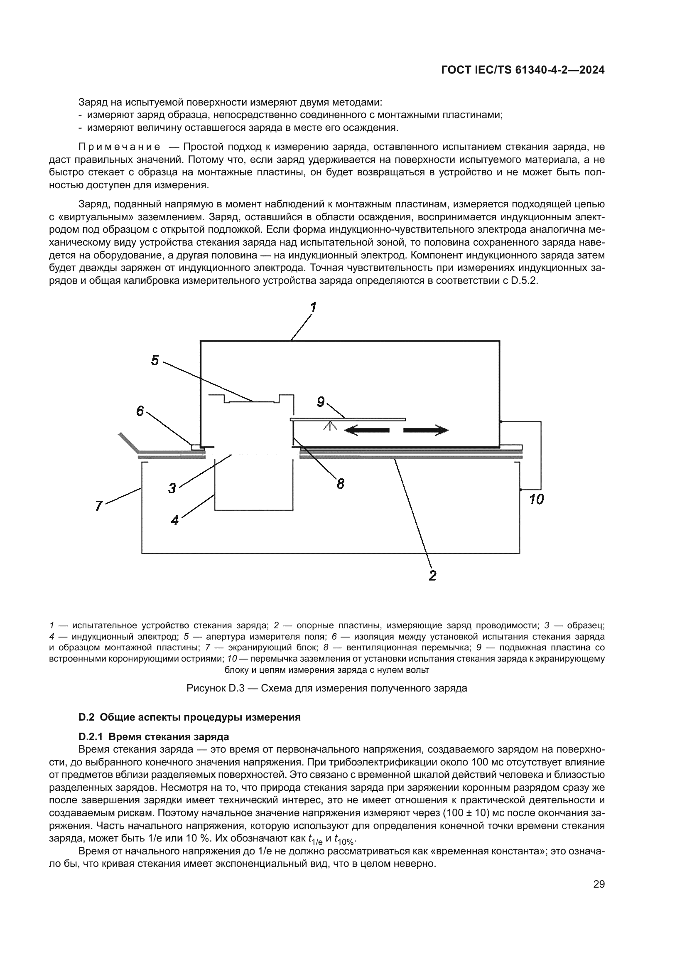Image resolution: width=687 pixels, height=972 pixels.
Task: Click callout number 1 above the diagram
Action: (x=314, y=307)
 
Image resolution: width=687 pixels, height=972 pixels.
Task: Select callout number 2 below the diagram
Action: (x=432, y=575)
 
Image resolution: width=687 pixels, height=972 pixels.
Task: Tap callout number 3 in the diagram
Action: (x=172, y=488)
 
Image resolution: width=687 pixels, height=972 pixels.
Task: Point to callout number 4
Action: (x=175, y=520)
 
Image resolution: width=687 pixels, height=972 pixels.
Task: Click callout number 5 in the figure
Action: (x=155, y=360)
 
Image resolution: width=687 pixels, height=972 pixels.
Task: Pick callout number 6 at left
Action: (x=140, y=411)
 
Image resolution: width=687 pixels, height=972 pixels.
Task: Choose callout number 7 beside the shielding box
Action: (x=99, y=505)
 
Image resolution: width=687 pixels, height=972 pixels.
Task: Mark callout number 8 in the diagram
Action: (x=341, y=483)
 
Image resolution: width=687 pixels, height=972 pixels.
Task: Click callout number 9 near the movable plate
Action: (x=321, y=402)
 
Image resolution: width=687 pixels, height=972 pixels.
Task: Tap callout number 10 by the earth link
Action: (x=536, y=500)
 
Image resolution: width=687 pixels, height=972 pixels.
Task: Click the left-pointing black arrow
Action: (x=366, y=431)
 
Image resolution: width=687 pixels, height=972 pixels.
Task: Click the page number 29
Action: (x=599, y=883)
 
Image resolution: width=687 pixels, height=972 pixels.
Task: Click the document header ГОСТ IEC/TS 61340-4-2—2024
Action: (x=523, y=70)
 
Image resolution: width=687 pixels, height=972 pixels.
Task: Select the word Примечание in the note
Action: (x=119, y=147)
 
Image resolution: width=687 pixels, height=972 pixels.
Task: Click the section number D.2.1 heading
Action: (x=92, y=736)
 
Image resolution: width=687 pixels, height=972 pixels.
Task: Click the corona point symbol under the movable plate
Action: (x=330, y=425)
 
